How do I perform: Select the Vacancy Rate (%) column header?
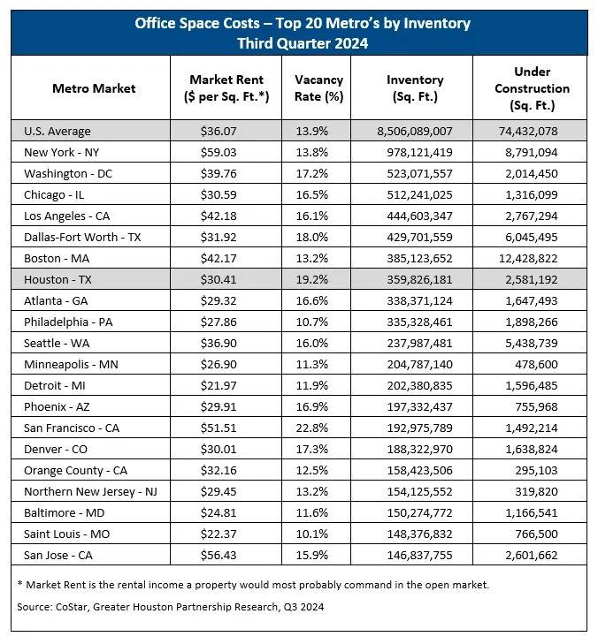coord(318,88)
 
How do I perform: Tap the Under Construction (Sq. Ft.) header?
coord(532,88)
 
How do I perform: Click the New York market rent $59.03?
coord(226,152)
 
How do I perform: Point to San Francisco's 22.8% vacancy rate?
coord(318,428)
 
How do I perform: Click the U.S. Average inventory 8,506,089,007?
coord(415,131)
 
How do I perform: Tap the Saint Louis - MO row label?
coord(66,534)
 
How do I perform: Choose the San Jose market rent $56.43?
coord(226,555)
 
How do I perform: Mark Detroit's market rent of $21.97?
coord(226,385)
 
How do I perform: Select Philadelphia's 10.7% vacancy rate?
coord(318,322)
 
